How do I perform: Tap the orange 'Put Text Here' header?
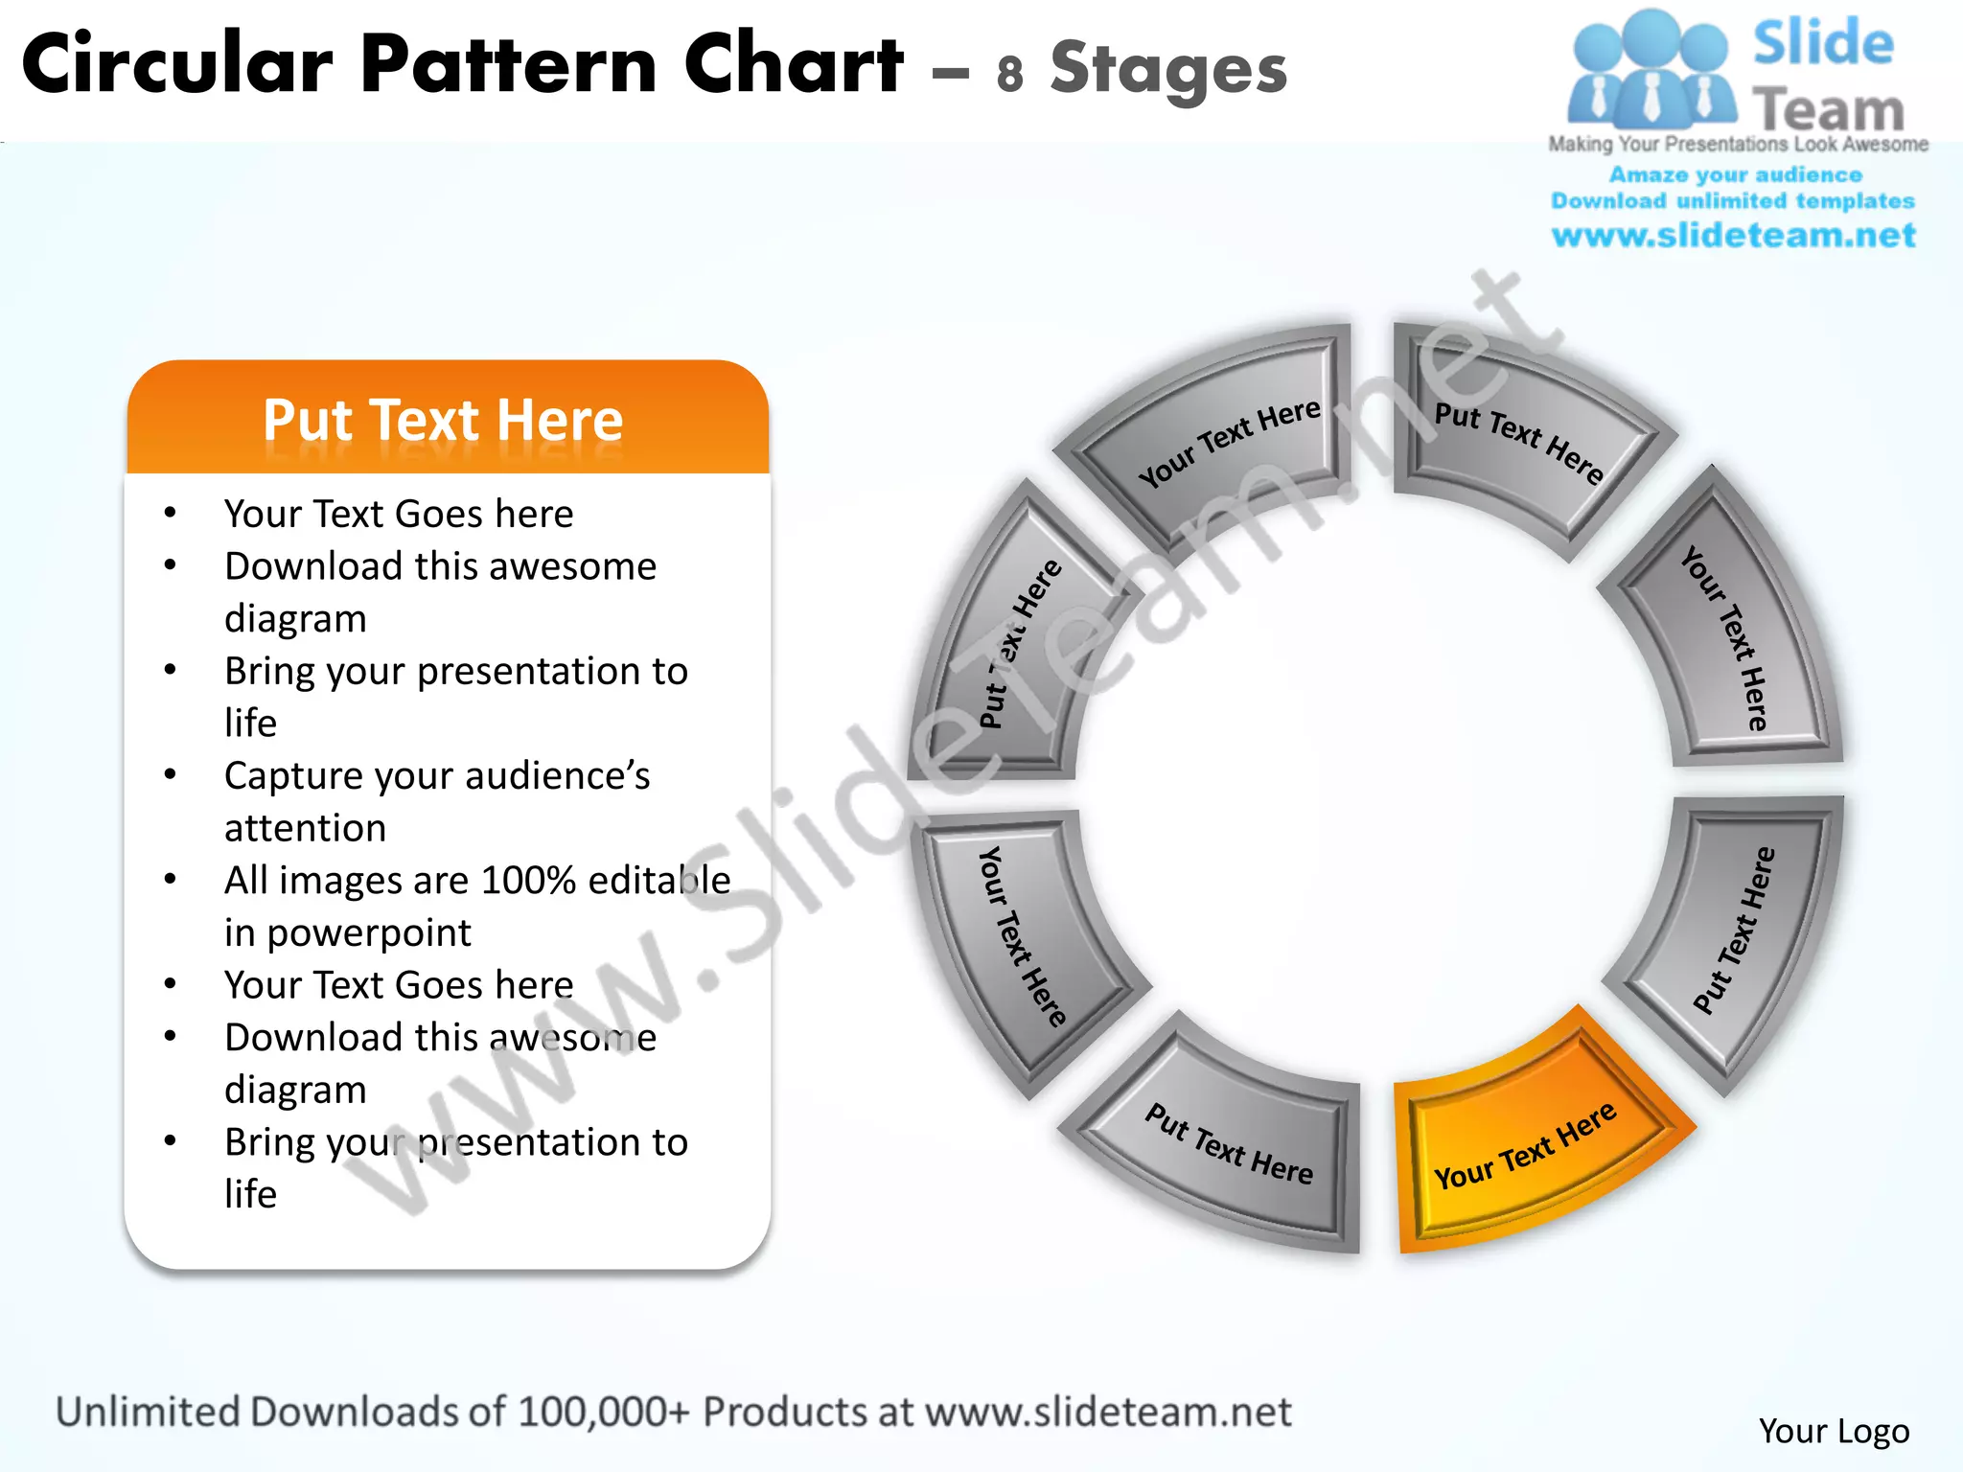point(444,420)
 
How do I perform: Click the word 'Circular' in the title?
point(177,65)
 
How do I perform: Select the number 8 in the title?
point(1009,74)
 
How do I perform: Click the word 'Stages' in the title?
point(1168,69)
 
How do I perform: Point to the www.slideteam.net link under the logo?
point(1733,235)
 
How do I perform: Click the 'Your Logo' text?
point(1834,1431)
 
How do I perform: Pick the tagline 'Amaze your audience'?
point(1735,174)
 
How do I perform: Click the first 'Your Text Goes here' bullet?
point(399,514)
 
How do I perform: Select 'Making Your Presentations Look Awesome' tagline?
point(1738,144)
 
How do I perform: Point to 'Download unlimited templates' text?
point(1733,201)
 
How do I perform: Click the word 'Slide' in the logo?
point(1823,43)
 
